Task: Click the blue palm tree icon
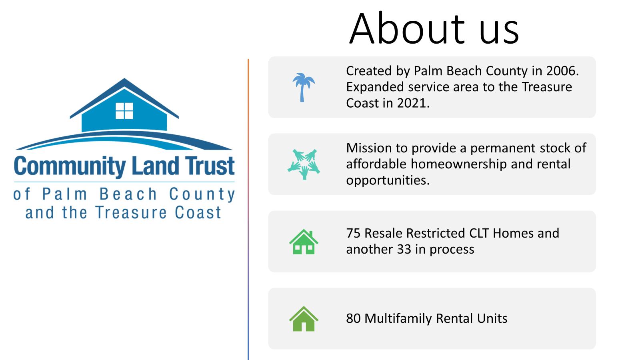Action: click(304, 88)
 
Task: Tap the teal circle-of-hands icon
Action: click(304, 164)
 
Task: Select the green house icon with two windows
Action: click(304, 242)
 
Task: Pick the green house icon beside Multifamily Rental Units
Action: click(304, 319)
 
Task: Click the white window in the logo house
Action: click(124, 111)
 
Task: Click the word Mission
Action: click(369, 148)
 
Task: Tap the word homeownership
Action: click(458, 164)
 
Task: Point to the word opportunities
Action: click(388, 180)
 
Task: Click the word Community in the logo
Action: click(70, 166)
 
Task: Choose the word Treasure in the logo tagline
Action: click(131, 212)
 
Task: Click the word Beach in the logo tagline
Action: click(128, 194)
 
